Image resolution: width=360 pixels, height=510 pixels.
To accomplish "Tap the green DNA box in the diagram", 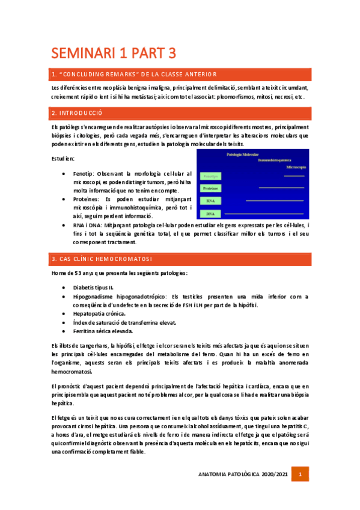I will coord(210,214).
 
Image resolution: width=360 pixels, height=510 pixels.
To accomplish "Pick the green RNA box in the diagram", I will coord(210,201).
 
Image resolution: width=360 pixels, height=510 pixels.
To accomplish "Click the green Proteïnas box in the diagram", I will coord(210,188).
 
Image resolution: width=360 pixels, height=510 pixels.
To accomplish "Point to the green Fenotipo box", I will coord(210,176).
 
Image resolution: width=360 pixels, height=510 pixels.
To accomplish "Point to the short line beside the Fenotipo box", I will coord(294,177).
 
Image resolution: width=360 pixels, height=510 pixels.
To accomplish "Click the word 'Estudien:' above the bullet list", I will coord(63,159).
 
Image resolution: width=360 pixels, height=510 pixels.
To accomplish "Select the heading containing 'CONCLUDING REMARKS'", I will coord(135,74).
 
